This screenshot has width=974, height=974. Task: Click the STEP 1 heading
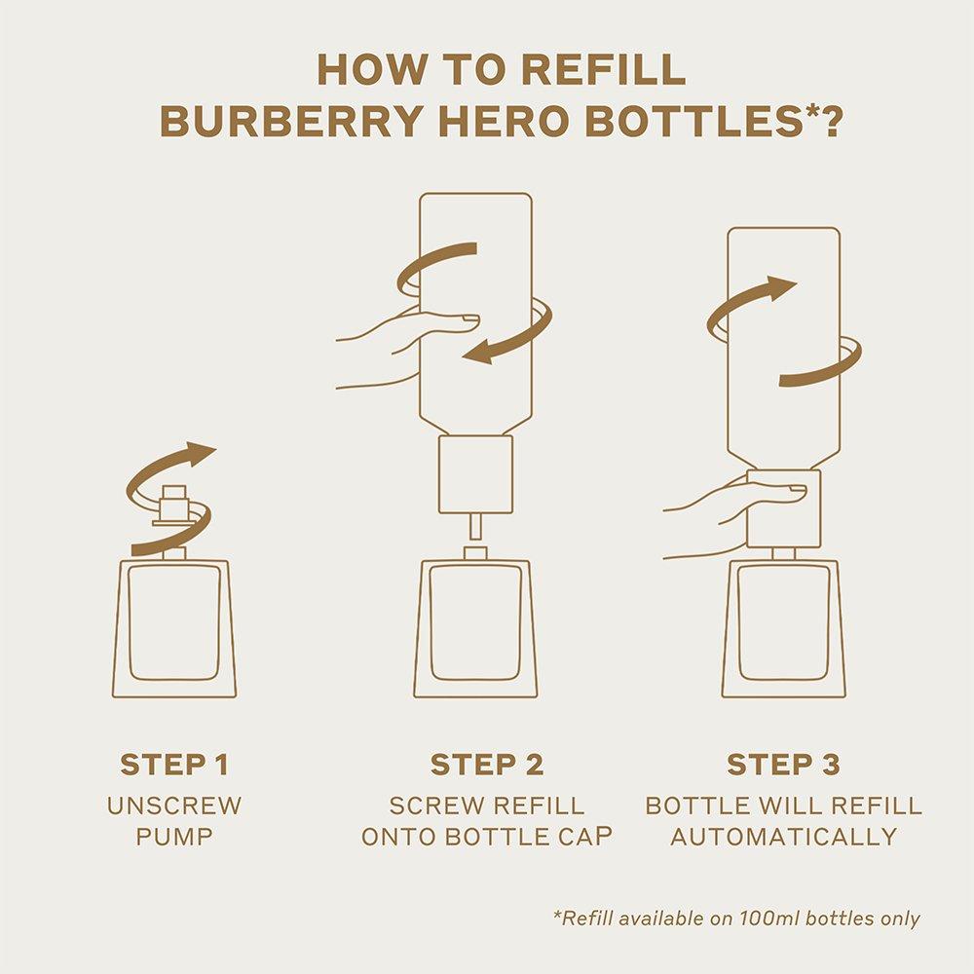coord(174,765)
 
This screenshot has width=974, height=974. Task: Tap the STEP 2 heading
coord(487,765)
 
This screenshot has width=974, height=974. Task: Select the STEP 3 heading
coord(783,765)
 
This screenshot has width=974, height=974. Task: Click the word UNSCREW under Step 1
coord(174,806)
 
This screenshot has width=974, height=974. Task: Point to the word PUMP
coord(174,837)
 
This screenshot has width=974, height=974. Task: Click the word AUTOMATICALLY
coord(783,837)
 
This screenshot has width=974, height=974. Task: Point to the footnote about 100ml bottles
coord(736,918)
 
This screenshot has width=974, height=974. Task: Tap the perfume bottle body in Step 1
coord(174,628)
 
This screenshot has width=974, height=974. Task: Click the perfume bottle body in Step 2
coord(476,628)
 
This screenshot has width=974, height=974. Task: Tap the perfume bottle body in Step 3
coord(783,628)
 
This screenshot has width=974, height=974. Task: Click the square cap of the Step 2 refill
coord(475,473)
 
